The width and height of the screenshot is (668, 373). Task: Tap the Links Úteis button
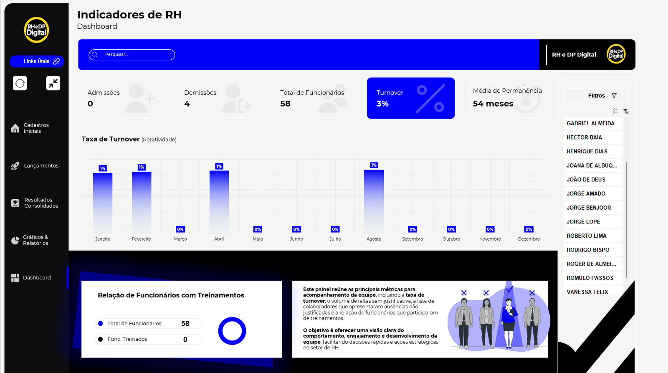pyautogui.click(x=37, y=61)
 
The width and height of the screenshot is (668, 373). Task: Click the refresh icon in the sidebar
pyautogui.click(x=20, y=83)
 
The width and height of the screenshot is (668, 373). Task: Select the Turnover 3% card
pyautogui.click(x=410, y=98)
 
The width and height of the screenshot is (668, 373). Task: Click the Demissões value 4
pyautogui.click(x=187, y=104)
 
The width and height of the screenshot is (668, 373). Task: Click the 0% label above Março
pyautogui.click(x=180, y=229)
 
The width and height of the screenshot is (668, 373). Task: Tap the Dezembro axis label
pyautogui.click(x=529, y=239)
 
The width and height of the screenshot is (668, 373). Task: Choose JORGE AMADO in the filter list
pyautogui.click(x=586, y=194)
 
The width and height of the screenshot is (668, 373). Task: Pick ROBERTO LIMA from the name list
pyautogui.click(x=586, y=236)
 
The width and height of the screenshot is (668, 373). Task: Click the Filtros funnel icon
pyautogui.click(x=614, y=96)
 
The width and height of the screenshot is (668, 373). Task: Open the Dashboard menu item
pyautogui.click(x=37, y=278)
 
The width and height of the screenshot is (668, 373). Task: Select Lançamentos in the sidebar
pyautogui.click(x=41, y=166)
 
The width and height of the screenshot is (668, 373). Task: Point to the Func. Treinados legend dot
pyautogui.click(x=100, y=339)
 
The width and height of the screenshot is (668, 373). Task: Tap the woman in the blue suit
pyautogui.click(x=509, y=322)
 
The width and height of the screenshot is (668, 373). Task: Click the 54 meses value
pyautogui.click(x=493, y=104)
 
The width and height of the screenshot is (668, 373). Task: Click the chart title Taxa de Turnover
pyautogui.click(x=111, y=139)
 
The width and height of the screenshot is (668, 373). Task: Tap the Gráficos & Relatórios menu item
pyautogui.click(x=35, y=240)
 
